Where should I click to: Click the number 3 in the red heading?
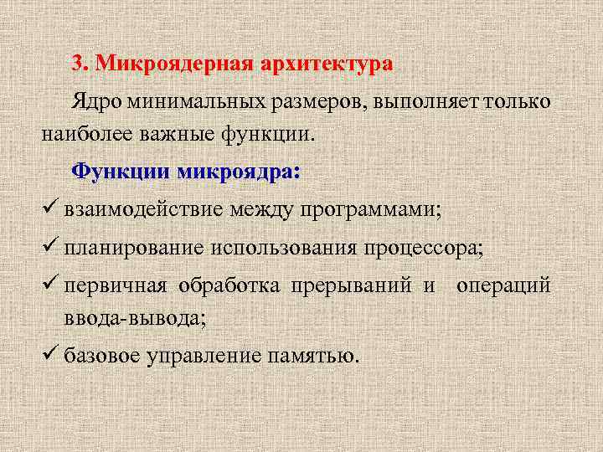[77, 64]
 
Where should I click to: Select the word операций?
[503, 287]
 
